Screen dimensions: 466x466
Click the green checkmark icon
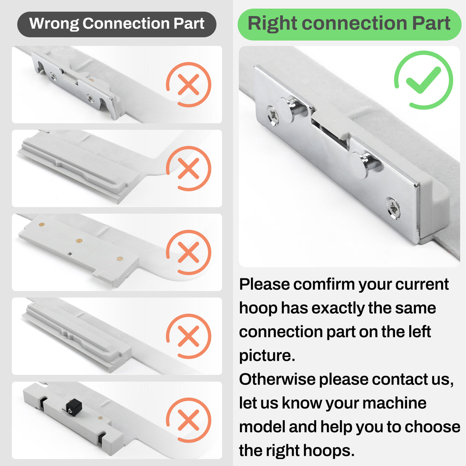[423, 80]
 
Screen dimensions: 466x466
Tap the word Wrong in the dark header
[54, 23]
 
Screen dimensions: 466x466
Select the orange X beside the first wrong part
[188, 84]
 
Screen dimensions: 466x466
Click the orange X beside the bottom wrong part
[188, 420]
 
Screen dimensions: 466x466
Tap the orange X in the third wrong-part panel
[188, 252]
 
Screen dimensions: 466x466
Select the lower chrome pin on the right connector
[365, 165]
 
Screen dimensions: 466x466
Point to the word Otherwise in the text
[277, 379]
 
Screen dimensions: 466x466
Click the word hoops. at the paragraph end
[329, 451]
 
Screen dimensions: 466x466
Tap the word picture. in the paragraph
[267, 356]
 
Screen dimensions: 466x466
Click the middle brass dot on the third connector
[79, 240]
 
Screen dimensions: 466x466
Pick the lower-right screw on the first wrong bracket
[90, 98]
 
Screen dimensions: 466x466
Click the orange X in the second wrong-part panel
[188, 168]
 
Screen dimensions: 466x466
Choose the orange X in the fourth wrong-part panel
[188, 336]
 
